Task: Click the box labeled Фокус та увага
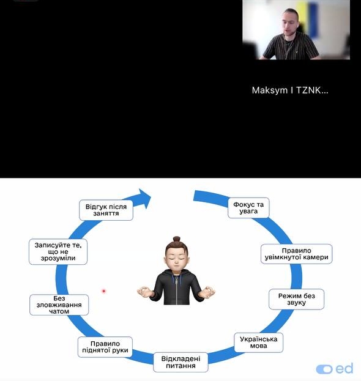point(248,208)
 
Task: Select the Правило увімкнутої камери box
point(296,254)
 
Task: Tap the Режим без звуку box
point(296,299)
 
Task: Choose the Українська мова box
point(258,342)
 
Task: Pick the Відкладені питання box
point(180,362)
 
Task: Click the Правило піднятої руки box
point(105,347)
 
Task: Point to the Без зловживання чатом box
point(59,305)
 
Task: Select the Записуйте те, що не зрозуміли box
point(58,252)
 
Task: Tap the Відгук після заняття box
point(106,210)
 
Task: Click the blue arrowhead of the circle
point(143,198)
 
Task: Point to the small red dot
point(104,291)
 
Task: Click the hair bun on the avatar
point(177,239)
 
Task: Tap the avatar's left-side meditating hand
point(145,292)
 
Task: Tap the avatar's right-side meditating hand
point(207,292)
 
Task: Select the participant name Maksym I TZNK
point(290,91)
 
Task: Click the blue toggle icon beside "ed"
point(324,369)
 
